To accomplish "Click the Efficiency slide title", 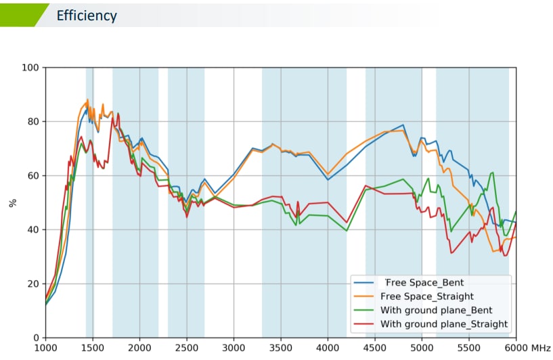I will tap(87, 16).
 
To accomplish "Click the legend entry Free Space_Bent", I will tap(424, 282).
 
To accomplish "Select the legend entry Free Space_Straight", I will tap(427, 296).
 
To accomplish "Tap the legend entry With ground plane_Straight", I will tap(444, 324).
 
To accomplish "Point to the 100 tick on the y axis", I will tap(30, 68).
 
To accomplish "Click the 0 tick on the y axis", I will tap(36, 338).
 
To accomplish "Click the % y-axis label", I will tap(12, 203).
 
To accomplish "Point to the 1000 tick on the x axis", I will tap(45, 348).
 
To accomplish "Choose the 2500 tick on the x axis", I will tap(187, 348).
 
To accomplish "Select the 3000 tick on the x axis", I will tap(234, 348).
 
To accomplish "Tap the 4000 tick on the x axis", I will tap(328, 348).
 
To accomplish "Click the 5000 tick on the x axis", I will tap(422, 348).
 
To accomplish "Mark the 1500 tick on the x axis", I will tap(93, 348).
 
